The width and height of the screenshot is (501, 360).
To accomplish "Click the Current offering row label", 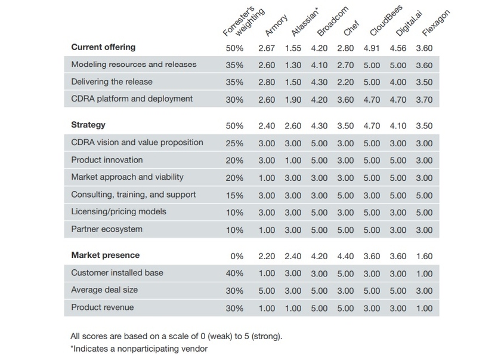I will [103, 47].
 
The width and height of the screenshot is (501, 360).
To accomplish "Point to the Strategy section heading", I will [88, 125].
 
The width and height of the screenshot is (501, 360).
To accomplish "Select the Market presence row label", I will [105, 256].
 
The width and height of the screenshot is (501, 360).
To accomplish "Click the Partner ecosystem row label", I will [108, 229].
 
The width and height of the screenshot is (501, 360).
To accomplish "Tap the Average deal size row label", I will [104, 290].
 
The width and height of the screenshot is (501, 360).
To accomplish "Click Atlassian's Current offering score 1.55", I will [293, 48].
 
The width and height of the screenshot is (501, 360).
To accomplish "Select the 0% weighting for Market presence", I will [237, 256].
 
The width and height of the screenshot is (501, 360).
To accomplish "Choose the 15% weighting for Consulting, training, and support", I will [234, 195].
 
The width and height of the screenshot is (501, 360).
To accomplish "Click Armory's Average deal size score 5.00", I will [267, 291].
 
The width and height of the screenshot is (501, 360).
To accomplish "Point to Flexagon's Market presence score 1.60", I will [424, 256].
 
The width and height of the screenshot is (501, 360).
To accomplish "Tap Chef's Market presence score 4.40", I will [345, 256].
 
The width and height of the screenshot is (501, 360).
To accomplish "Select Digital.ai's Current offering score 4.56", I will [398, 48].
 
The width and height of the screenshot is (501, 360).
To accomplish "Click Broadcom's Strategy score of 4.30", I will [319, 126].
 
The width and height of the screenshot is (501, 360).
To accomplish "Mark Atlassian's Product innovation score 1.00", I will [293, 161].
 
